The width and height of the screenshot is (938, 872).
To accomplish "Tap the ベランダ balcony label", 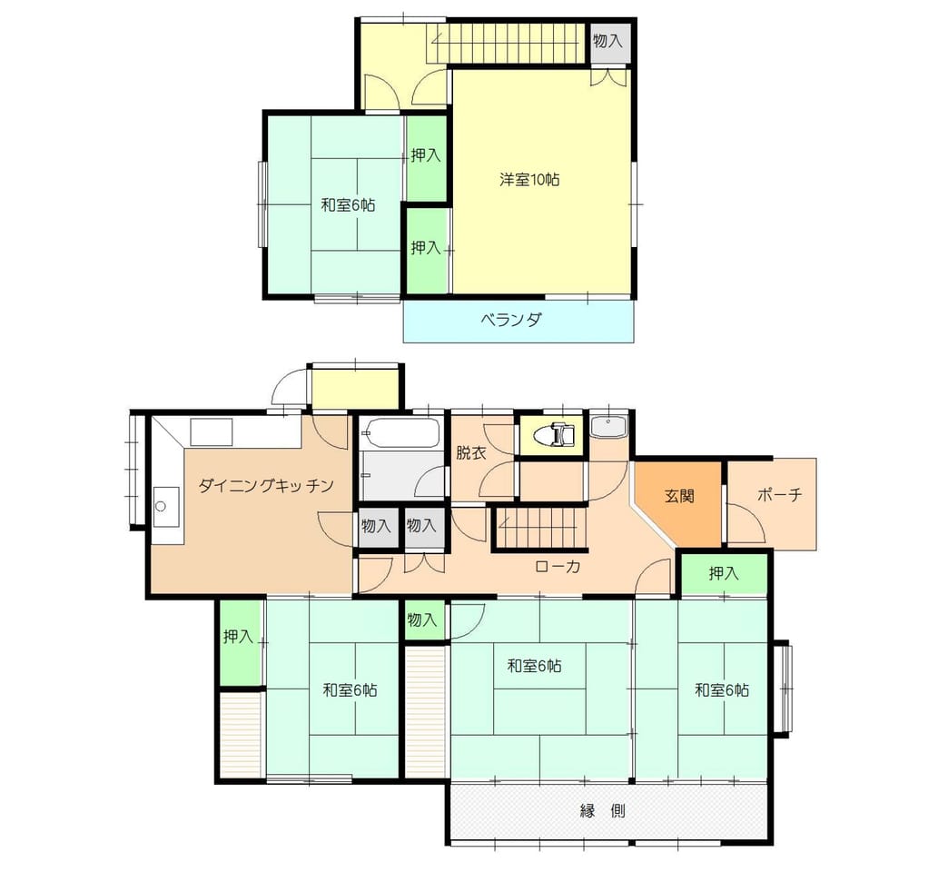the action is (x=511, y=320).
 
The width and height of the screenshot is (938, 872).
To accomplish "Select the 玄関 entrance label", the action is (x=679, y=496).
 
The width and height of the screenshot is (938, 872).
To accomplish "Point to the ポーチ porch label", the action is (x=779, y=495).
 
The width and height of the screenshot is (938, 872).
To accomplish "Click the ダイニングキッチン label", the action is (x=266, y=485).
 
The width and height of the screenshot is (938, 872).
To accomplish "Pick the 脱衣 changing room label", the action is (x=470, y=452).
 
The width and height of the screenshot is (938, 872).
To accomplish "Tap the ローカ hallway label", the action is (x=558, y=566).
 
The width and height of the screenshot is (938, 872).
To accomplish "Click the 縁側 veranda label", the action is (x=602, y=811).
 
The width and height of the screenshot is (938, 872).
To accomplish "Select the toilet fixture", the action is (x=556, y=435).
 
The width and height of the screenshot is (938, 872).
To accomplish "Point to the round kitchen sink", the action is (x=161, y=506).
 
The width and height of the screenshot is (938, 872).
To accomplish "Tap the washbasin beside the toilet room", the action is (x=608, y=426).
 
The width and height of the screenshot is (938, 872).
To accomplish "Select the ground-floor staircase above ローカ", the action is (x=541, y=528).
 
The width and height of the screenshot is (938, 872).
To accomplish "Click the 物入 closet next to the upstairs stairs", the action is (x=607, y=42).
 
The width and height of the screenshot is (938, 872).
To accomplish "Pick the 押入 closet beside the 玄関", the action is (x=724, y=573).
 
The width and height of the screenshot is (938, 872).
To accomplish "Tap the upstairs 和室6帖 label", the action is (x=348, y=205).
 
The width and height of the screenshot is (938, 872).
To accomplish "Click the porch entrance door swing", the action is (x=745, y=522).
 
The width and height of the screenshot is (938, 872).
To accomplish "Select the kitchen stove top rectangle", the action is (x=211, y=431).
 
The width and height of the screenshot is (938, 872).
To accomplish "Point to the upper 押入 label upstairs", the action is (x=426, y=155).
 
